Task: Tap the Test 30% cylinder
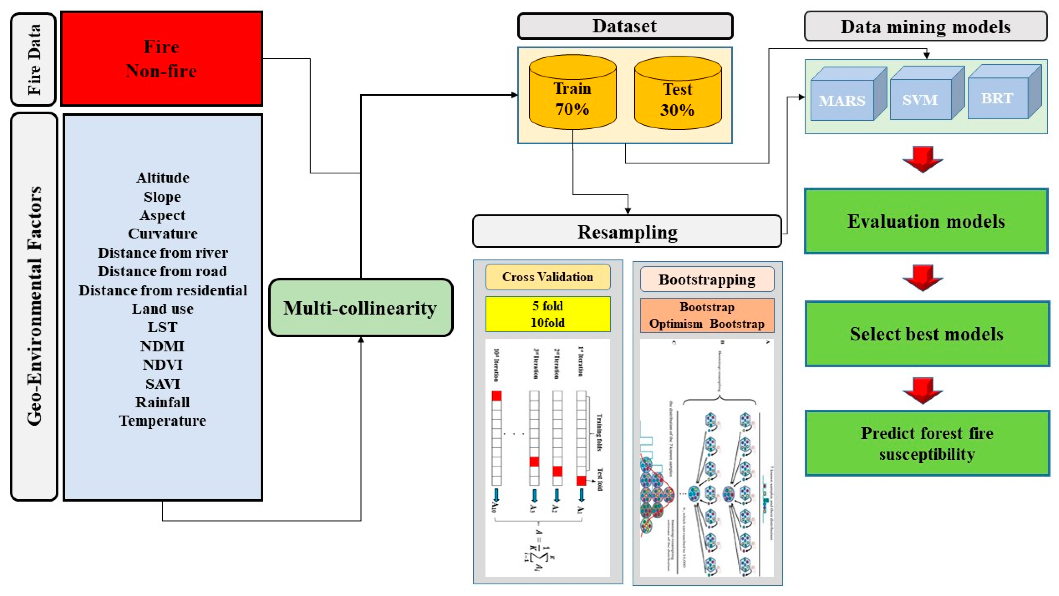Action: point(677,99)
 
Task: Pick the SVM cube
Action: point(921,99)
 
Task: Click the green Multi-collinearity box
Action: point(361,308)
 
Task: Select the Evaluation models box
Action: point(926,221)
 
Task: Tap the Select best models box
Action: point(927,333)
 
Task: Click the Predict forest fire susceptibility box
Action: point(927,443)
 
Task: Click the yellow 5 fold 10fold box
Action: point(548,314)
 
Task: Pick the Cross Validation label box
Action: point(548,277)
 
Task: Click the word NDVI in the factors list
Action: point(162,364)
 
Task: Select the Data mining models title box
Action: point(925,27)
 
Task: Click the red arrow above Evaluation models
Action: point(922,159)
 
